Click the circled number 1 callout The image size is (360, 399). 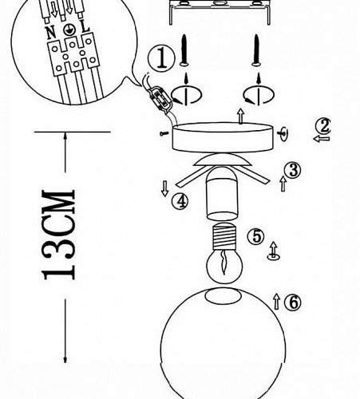162,59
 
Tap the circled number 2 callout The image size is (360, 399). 323,126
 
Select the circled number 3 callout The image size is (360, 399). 292,170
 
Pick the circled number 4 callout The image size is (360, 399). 180,201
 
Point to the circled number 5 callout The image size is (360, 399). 256,236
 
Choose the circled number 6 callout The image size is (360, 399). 293,302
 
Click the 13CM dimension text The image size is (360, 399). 59,235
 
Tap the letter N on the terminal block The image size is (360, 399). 51,33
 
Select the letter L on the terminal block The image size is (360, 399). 85,26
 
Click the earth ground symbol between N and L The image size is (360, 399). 68,30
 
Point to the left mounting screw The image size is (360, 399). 184,50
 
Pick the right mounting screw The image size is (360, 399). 256,50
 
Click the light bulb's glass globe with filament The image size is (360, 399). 225,265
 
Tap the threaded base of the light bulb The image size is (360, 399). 224,235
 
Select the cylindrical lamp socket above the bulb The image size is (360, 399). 222,193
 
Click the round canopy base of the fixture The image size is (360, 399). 223,137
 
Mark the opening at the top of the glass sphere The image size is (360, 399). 224,296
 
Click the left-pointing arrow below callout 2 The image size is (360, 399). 322,139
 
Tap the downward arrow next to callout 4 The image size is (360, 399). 165,188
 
